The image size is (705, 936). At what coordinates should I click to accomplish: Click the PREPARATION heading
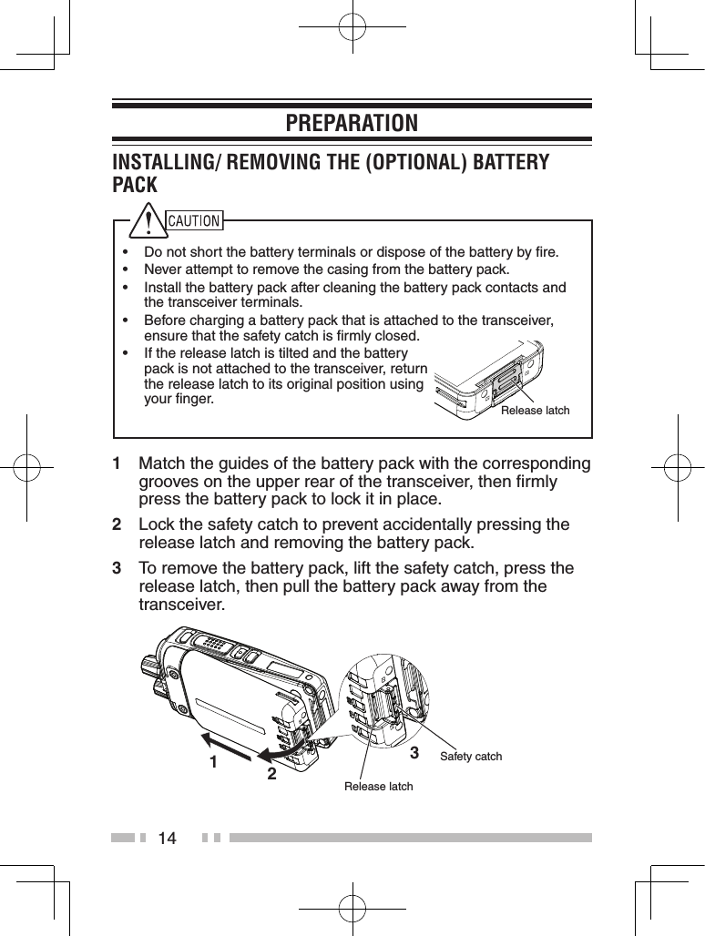(x=352, y=123)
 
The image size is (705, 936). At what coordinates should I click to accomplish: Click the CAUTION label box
(x=195, y=220)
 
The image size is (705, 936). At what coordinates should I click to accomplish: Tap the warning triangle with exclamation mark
(x=145, y=221)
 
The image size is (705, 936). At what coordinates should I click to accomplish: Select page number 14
(x=167, y=838)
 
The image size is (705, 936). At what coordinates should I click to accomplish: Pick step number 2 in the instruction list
(x=117, y=525)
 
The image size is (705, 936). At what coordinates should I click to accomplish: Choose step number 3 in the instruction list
(x=117, y=569)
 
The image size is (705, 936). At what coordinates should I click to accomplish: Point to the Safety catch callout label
(x=471, y=757)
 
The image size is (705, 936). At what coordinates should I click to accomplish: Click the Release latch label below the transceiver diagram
(x=378, y=786)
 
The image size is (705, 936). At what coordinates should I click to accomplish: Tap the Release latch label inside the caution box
(x=536, y=411)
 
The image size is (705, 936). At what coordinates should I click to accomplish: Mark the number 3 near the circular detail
(x=414, y=753)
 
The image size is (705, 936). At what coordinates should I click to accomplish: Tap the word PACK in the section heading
(x=135, y=186)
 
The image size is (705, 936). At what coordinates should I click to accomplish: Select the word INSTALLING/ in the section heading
(x=169, y=162)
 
